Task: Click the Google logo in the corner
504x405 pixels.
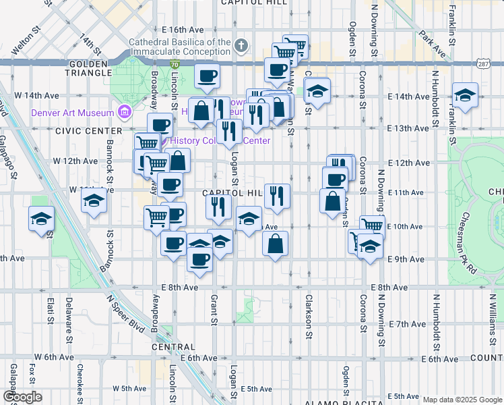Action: (x=22, y=397)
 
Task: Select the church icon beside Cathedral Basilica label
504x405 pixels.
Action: (x=242, y=46)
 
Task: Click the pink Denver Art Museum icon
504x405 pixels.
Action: (x=124, y=111)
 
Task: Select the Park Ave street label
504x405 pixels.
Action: (x=431, y=43)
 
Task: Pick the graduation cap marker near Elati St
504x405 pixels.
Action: (x=42, y=219)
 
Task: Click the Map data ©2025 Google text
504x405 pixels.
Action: (x=462, y=400)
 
